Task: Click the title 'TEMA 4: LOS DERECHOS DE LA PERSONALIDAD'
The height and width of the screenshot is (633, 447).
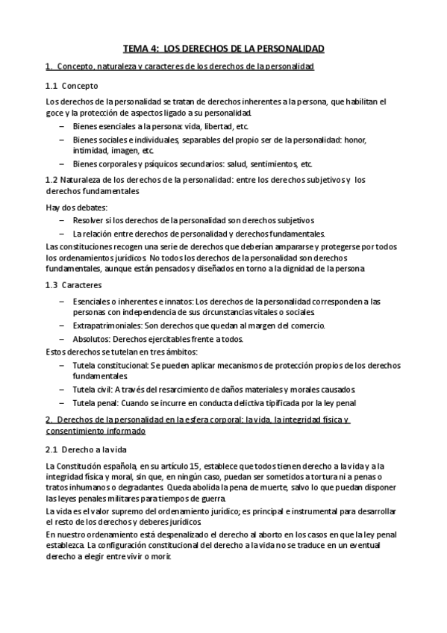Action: [223, 49]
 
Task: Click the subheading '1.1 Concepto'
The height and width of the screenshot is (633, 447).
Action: [66, 85]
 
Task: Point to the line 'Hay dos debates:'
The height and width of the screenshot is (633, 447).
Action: [76, 207]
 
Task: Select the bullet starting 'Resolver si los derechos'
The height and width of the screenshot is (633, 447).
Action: [193, 220]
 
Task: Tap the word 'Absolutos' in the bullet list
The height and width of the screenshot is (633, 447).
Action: [93, 338]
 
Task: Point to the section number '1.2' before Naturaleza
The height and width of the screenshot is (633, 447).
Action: [51, 180]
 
